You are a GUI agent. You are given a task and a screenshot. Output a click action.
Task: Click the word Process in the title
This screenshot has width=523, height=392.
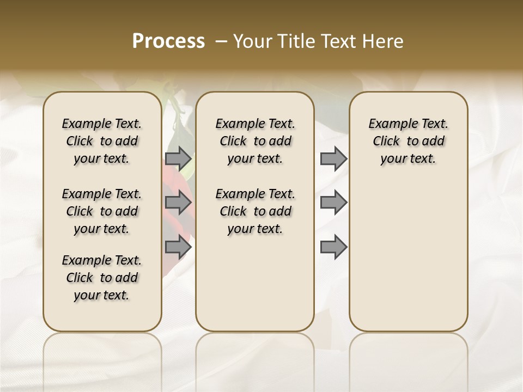(168, 41)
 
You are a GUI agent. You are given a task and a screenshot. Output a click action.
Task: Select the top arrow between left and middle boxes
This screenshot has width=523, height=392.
(178, 158)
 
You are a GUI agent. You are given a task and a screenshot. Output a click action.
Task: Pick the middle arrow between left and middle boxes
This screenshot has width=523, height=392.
(178, 203)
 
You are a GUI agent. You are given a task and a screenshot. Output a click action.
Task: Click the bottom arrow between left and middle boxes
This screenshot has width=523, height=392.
(178, 247)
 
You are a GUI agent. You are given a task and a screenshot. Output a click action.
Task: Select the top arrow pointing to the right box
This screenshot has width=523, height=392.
(333, 158)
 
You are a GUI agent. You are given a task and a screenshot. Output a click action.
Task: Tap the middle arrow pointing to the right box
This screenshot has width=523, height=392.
(333, 203)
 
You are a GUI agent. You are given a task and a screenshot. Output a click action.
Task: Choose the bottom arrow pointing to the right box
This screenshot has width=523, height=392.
(333, 247)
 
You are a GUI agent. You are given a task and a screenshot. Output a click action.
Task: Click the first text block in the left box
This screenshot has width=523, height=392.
(102, 141)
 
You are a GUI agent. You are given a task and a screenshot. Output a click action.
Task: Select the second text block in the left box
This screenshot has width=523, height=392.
(102, 211)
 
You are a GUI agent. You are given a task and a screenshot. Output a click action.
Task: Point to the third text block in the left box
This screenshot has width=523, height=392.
(102, 278)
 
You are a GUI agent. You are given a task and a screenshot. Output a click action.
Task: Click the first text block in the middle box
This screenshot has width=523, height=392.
(255, 141)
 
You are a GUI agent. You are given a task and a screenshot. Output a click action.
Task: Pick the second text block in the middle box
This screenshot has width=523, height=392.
(255, 211)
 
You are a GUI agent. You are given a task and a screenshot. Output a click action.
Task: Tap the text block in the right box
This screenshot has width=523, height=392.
(408, 141)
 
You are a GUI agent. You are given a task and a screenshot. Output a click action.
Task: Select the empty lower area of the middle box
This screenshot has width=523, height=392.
(255, 283)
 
